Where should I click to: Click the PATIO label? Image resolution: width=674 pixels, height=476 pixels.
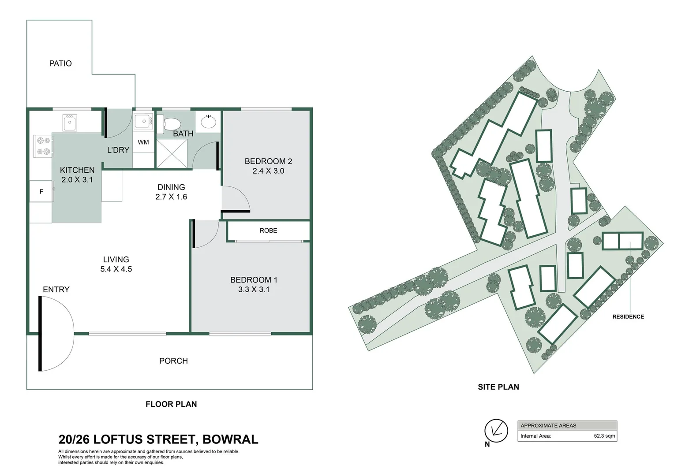coord(60,63)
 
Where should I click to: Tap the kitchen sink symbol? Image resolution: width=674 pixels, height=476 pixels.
coord(70,123)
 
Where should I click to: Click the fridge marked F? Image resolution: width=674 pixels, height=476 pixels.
coord(41,191)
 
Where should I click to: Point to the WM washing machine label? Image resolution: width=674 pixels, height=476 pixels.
coord(143,142)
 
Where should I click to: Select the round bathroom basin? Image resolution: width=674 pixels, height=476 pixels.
coord(208,121)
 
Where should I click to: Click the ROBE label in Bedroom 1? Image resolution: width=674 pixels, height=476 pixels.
coord(268,231)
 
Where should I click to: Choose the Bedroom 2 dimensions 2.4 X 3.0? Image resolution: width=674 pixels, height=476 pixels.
coord(268,171)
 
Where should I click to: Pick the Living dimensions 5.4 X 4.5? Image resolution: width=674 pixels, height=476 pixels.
coord(116,269)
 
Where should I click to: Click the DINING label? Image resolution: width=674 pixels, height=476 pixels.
coord(171,187)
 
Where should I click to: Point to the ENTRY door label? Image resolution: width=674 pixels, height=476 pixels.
coord(56,290)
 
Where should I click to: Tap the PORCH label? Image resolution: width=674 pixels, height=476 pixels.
coord(173,361)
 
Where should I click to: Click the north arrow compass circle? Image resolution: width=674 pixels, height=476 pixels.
coord(496,431)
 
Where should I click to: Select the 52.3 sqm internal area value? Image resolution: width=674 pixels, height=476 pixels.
coord(604,436)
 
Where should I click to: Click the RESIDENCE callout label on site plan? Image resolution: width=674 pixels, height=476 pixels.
coord(628,316)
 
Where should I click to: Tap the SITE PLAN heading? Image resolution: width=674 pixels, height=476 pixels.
coord(498,387)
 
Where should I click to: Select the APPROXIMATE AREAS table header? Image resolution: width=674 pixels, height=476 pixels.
coord(548,426)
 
